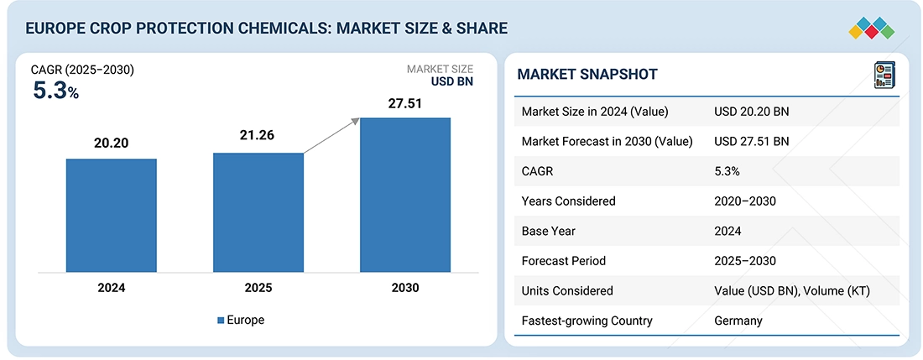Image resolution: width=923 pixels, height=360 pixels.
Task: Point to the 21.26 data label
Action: [x=257, y=136]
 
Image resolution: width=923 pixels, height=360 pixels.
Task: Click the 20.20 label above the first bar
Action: [x=112, y=143]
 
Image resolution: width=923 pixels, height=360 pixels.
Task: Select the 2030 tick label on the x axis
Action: [x=404, y=288]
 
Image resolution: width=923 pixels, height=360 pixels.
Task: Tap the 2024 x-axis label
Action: [x=112, y=288]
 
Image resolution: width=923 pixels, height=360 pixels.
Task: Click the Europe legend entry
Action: [x=241, y=321]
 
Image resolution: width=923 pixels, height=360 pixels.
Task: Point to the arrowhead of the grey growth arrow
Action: [x=356, y=122]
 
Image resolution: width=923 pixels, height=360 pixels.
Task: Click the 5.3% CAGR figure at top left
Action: [x=55, y=91]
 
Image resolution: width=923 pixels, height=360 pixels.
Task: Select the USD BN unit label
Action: [x=452, y=83]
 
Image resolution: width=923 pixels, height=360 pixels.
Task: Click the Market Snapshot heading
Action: [x=587, y=75]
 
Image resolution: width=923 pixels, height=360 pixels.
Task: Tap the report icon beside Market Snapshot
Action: [x=884, y=75]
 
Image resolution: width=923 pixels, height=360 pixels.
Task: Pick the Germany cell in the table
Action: [x=739, y=321]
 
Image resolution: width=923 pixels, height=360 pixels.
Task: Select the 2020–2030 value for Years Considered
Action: [x=744, y=201]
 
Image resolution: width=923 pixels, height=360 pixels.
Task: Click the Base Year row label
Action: [x=550, y=231]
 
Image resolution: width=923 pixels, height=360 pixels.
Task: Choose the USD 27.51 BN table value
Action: [x=752, y=141]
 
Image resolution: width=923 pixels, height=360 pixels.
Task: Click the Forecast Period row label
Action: [x=563, y=261]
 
